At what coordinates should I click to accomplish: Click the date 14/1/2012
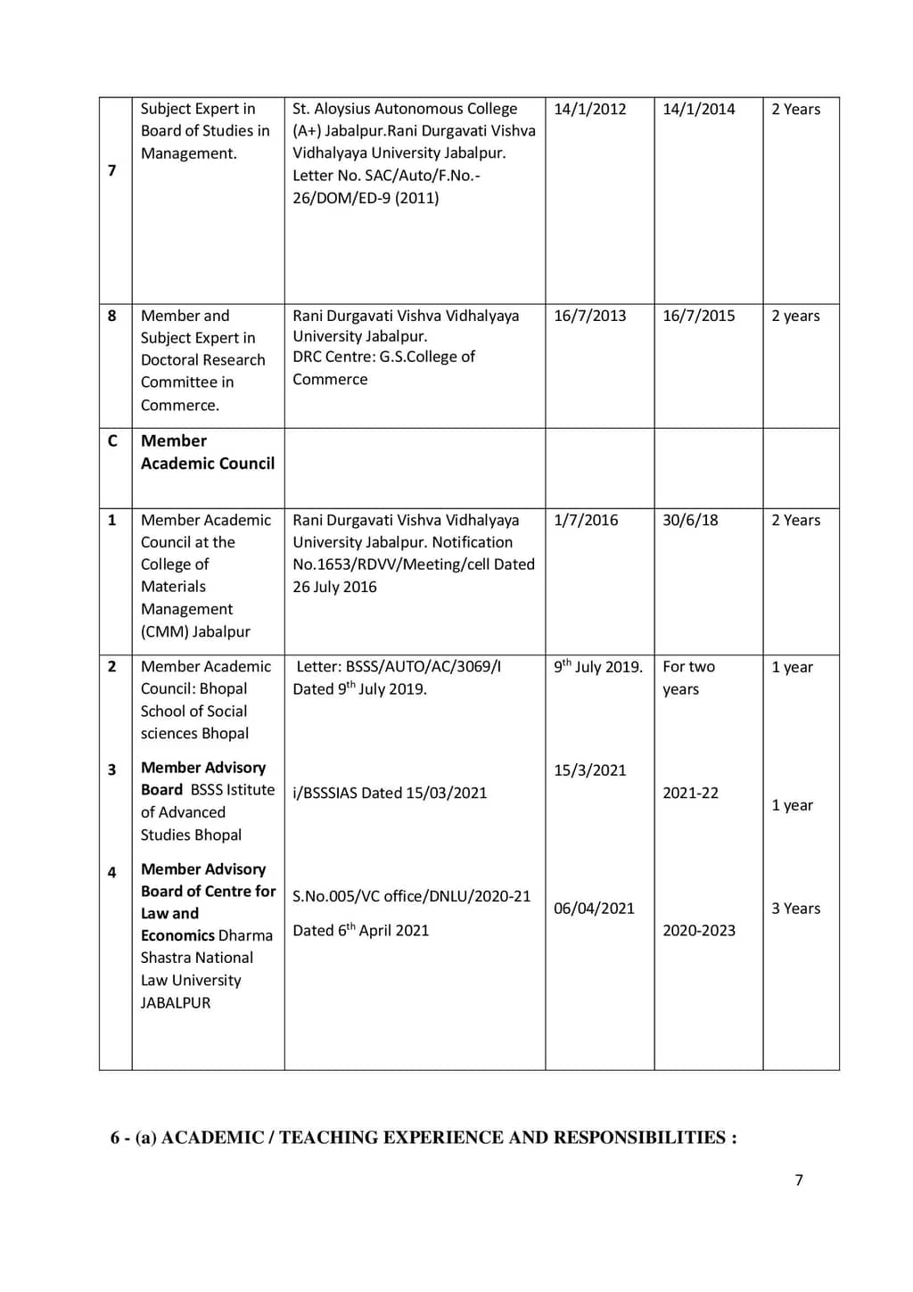589,110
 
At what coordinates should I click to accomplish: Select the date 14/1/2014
698,110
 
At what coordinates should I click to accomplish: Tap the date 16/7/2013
589,316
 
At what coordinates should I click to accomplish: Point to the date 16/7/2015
698,316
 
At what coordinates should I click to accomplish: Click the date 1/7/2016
585,520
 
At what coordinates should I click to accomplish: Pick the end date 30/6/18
689,520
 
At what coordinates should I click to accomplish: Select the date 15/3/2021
589,770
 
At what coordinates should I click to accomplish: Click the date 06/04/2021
594,909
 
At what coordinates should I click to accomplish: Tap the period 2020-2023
698,931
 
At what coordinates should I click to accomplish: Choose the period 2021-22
690,793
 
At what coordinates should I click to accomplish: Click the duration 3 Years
795,909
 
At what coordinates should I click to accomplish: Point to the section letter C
112,440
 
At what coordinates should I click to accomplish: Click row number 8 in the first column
111,316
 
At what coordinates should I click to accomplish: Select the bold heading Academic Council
208,464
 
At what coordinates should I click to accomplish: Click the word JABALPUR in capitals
176,1003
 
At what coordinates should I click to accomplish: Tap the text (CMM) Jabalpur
195,632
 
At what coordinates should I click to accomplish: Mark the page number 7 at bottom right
799,1181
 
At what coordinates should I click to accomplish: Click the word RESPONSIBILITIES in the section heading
639,1138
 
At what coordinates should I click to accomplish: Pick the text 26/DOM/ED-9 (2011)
366,198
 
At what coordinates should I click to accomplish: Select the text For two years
688,678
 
